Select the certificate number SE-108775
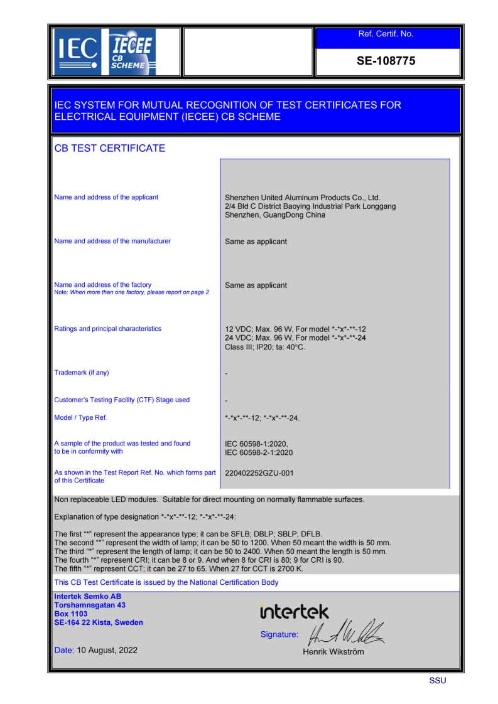tap(386, 61)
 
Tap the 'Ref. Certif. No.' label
tap(386, 34)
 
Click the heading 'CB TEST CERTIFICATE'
tap(110, 148)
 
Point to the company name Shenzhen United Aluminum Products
tap(302, 197)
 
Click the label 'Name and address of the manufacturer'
tap(112, 241)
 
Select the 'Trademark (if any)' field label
tap(82, 373)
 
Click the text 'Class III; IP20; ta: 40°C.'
tap(265, 347)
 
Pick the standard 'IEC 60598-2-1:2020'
tap(259, 452)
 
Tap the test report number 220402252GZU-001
tap(259, 473)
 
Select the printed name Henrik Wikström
tap(333, 651)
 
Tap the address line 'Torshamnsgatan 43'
tap(90, 605)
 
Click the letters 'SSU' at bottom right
tap(438, 681)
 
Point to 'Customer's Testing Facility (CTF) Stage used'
tap(122, 400)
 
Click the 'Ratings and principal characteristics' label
tap(108, 329)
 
